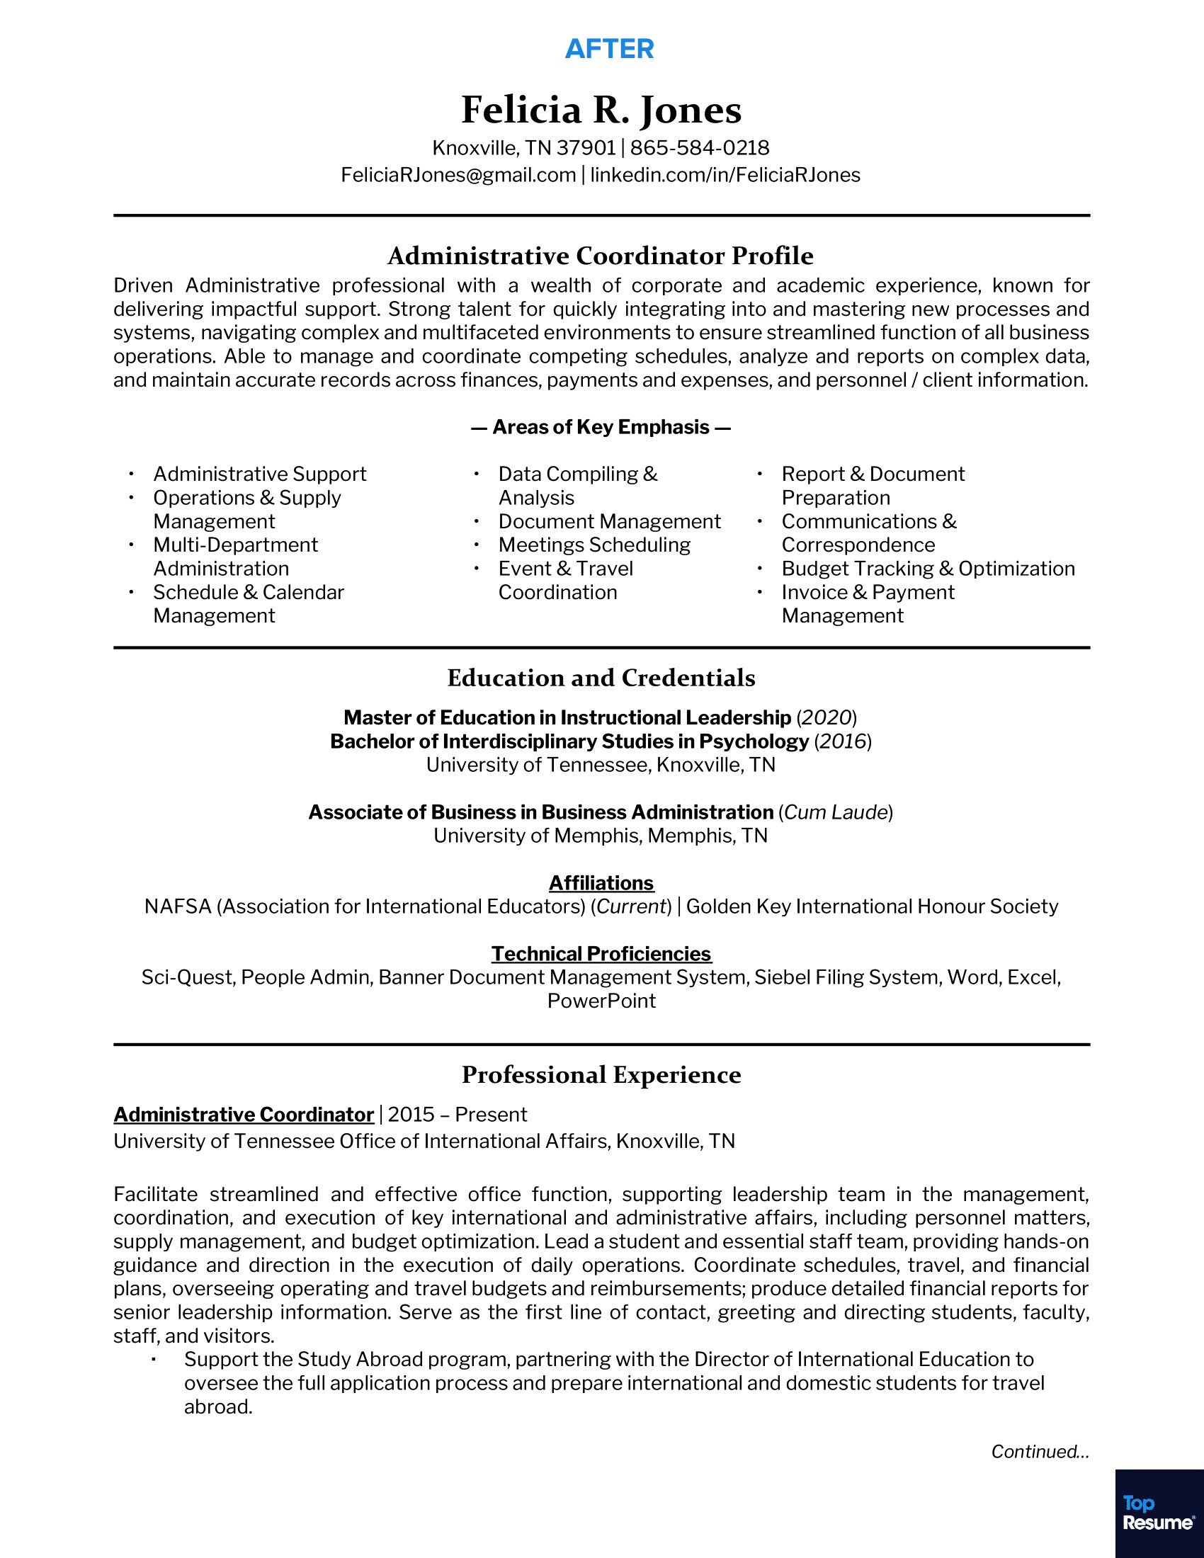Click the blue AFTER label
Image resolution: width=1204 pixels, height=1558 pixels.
tap(609, 48)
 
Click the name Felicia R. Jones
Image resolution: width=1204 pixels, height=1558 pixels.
tap(601, 110)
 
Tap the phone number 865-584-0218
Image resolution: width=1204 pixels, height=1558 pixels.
tap(699, 148)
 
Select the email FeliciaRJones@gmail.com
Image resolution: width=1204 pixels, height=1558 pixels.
tap(458, 175)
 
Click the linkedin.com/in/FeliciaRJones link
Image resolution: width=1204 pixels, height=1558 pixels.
tap(725, 175)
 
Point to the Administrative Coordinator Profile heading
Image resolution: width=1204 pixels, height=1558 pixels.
tap(601, 256)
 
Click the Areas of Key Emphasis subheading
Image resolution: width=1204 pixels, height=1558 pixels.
tap(601, 427)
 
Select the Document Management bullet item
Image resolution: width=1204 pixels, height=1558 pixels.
tap(609, 521)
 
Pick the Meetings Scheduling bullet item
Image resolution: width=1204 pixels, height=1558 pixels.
tap(594, 545)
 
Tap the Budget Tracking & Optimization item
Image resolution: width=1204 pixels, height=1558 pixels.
tap(928, 569)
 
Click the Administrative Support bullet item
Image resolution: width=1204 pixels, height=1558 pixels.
tap(260, 474)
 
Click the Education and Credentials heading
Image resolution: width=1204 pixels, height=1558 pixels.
tap(601, 678)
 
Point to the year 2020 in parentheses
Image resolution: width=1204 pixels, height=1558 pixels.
tap(827, 717)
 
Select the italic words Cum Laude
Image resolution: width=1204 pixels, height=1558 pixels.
tap(835, 812)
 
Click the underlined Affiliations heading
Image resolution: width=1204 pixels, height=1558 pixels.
tap(601, 883)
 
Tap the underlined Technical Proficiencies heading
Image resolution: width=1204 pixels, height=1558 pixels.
tap(601, 954)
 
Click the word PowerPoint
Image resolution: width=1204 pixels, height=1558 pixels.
tap(601, 1001)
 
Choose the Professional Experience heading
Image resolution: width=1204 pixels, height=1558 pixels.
tap(601, 1075)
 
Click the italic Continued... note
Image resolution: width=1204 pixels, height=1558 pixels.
tap(1039, 1452)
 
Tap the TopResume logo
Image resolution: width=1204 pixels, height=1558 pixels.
tap(1159, 1514)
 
